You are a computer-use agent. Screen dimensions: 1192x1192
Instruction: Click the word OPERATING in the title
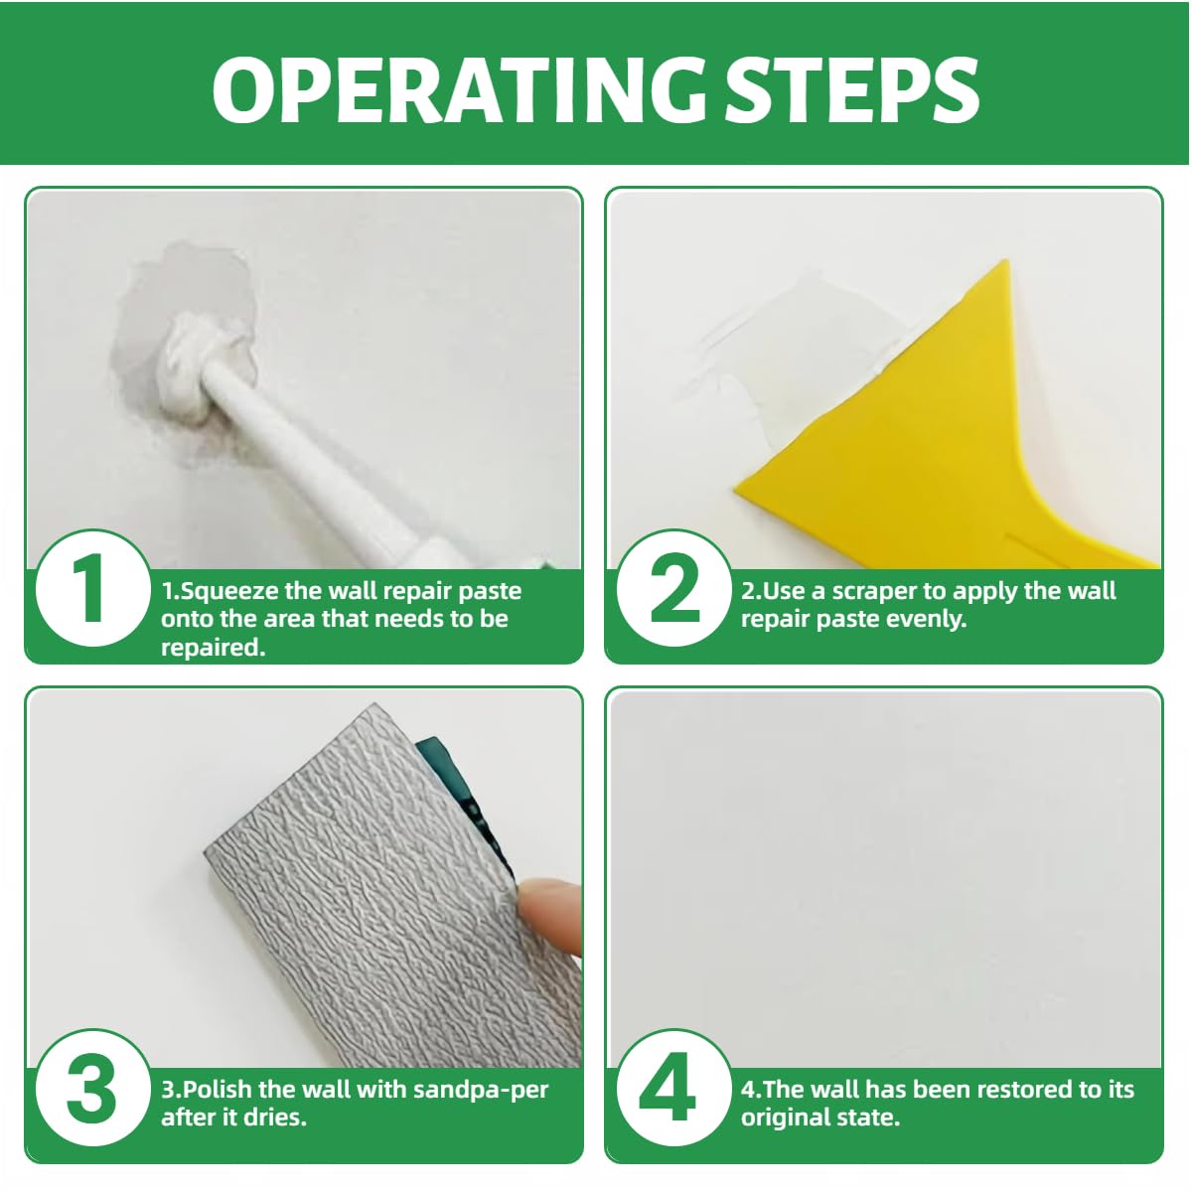click(459, 90)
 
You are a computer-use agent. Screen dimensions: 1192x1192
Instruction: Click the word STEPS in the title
click(852, 90)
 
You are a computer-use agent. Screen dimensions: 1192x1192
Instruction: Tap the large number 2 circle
click(674, 588)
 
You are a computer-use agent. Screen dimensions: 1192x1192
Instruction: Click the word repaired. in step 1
click(214, 648)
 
